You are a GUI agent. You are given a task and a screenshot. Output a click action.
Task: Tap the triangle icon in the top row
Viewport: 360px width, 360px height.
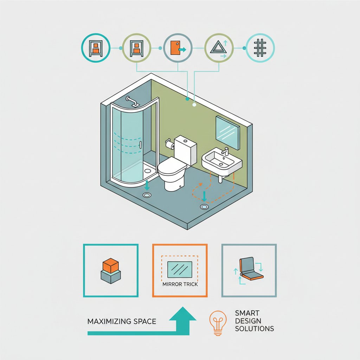coord(218,48)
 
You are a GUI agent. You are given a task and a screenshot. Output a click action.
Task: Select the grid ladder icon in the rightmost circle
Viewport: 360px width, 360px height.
coord(260,48)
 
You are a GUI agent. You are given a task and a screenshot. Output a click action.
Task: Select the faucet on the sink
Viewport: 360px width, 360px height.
coord(225,151)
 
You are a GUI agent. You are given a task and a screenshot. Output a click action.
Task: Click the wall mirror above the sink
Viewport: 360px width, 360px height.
coord(227,133)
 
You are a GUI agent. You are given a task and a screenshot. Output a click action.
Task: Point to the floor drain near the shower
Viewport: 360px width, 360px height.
coord(147,195)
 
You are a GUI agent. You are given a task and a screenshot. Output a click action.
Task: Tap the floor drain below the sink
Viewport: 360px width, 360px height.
coord(204,207)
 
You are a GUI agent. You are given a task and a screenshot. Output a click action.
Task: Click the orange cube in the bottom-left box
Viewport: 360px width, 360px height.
coord(111,265)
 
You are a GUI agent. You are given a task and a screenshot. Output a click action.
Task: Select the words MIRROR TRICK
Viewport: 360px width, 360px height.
coord(180,284)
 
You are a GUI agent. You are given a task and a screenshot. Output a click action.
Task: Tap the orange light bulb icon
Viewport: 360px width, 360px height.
coord(218,323)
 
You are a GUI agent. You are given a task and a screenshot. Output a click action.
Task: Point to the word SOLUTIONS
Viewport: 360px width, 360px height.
coord(255,329)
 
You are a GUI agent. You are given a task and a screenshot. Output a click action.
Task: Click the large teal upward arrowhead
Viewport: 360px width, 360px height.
coord(183,314)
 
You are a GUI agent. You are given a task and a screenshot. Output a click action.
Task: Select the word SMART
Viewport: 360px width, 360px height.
coord(247,313)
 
